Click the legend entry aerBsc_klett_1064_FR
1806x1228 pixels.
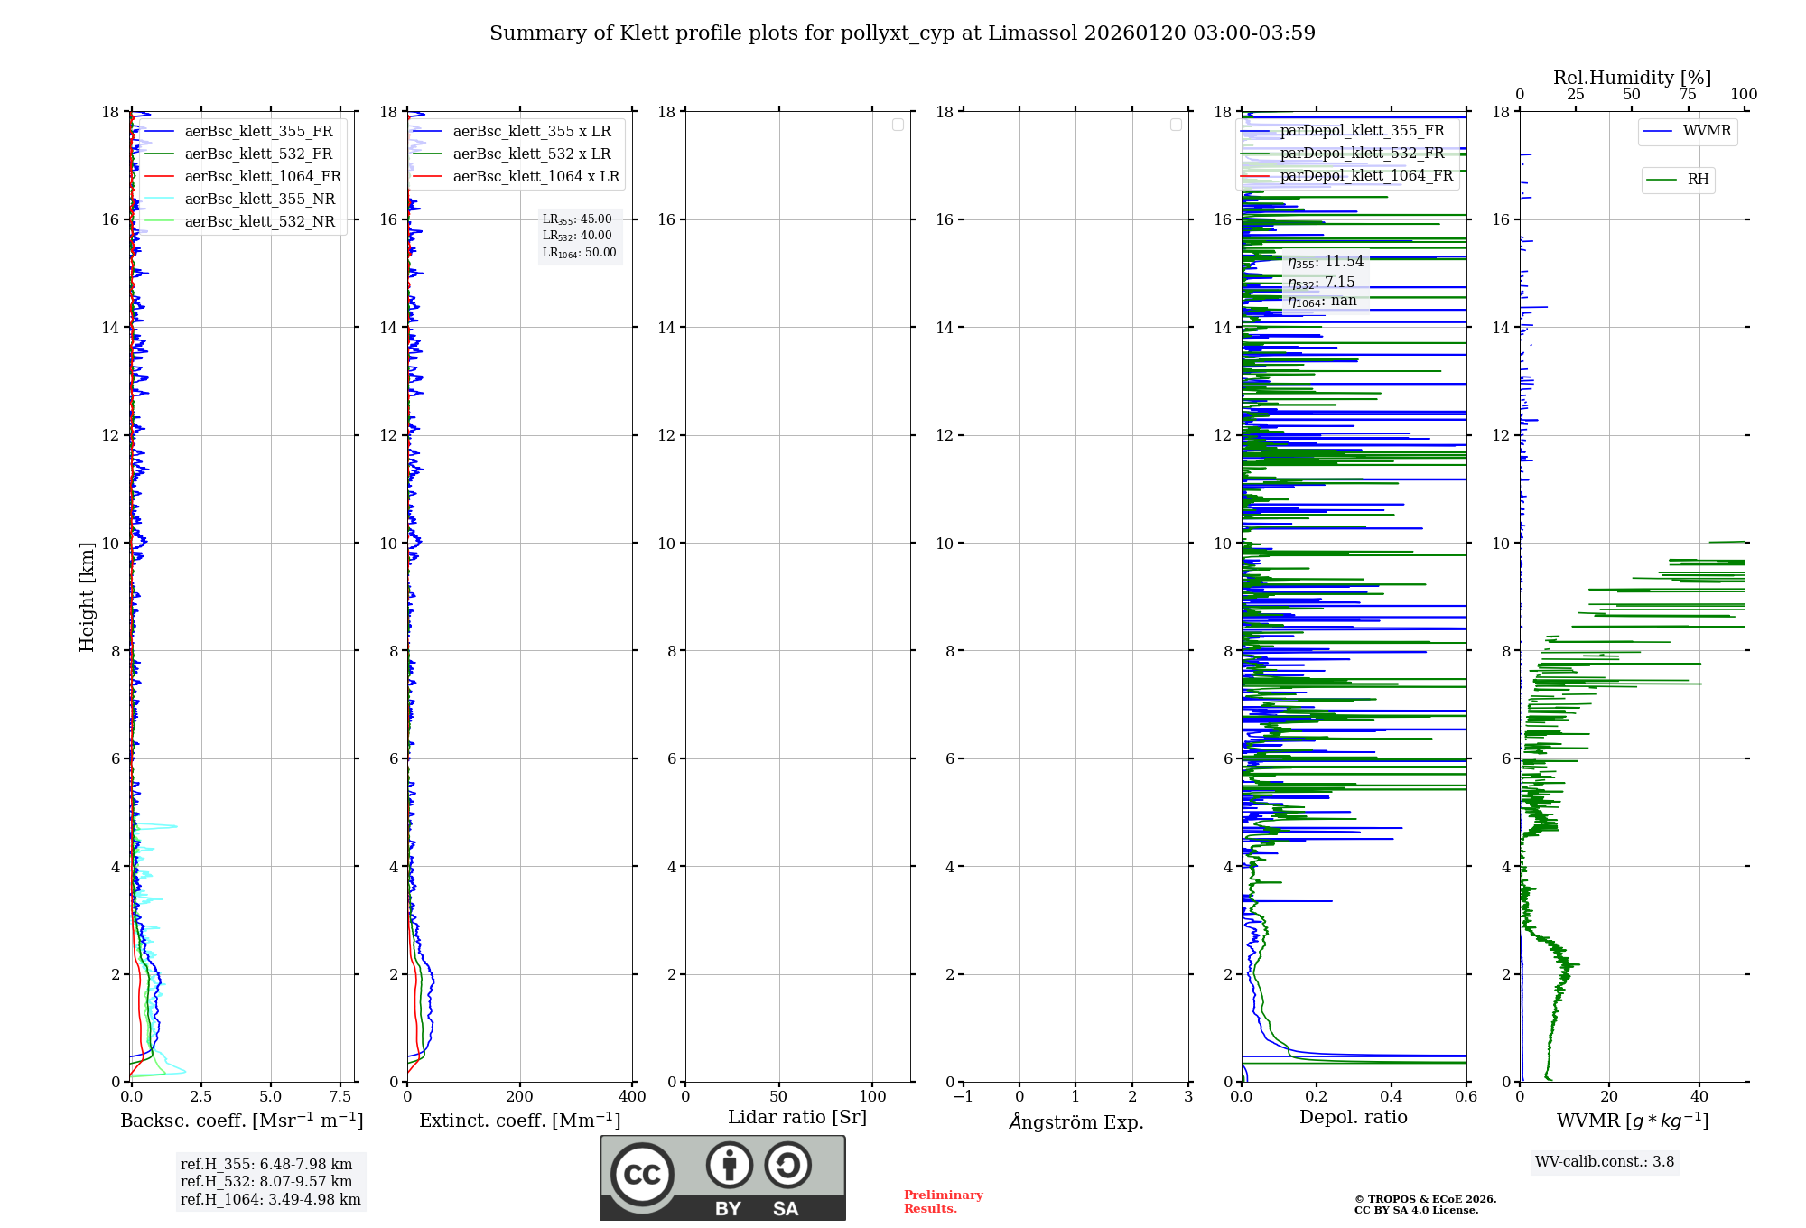coord(263,176)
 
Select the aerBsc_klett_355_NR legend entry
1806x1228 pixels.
coord(259,199)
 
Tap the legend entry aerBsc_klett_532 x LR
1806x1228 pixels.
coord(531,153)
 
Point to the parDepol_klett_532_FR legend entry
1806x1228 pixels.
coord(1362,153)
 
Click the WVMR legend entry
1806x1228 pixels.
coord(1707,131)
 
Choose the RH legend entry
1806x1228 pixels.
coord(1698,180)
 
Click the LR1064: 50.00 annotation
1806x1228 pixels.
coord(579,253)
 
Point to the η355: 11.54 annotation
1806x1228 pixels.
coord(1325,262)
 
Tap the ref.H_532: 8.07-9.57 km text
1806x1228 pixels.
coord(266,1182)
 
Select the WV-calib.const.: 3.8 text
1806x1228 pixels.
coord(1605,1162)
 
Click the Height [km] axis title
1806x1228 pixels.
coord(87,597)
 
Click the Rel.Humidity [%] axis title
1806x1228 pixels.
coord(1632,78)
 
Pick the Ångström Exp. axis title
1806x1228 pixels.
coord(1076,1122)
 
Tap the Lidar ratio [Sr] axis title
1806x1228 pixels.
coord(797,1118)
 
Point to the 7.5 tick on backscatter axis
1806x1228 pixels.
coord(340,1097)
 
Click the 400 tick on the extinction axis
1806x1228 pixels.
coord(632,1097)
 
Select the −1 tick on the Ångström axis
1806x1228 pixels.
coord(964,1097)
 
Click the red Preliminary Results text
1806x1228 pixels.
coord(943,1202)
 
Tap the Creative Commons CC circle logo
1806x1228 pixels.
coord(642,1174)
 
